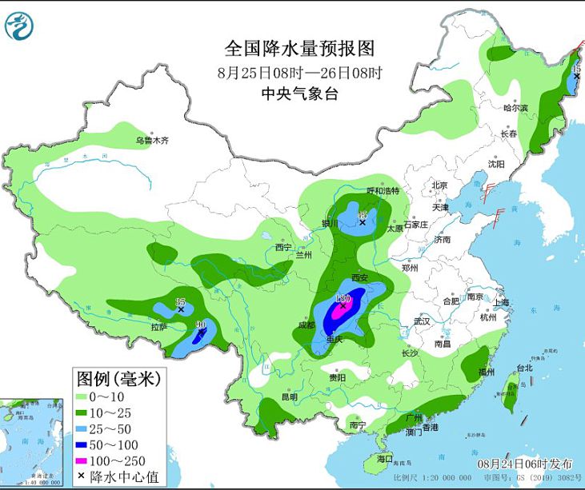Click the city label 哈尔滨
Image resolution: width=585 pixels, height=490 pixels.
click(x=515, y=107)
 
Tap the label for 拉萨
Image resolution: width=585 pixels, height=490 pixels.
click(x=158, y=326)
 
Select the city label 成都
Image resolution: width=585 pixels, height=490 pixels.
click(x=307, y=325)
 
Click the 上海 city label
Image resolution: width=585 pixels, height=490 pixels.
click(x=502, y=303)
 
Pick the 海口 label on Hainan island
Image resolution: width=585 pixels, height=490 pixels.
click(x=385, y=460)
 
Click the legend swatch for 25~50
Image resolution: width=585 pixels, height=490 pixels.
click(x=82, y=427)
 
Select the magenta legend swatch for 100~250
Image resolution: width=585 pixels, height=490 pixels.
click(x=82, y=460)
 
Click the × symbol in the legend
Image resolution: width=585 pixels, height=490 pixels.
click(x=82, y=477)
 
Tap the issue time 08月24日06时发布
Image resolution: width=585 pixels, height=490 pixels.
click(x=525, y=464)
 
